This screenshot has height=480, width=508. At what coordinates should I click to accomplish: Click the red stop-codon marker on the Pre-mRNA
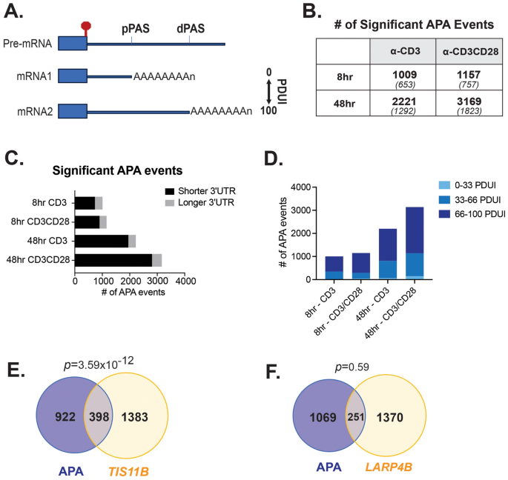point(86,28)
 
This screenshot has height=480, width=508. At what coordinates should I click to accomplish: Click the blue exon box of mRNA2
point(73,111)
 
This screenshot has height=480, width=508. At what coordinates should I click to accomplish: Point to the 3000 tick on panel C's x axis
point(158,281)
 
